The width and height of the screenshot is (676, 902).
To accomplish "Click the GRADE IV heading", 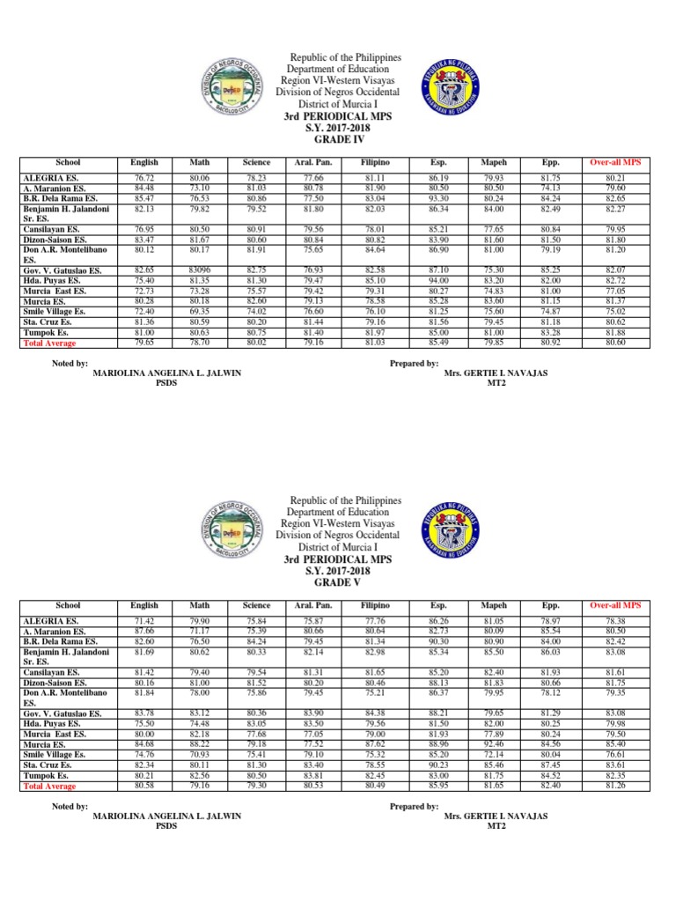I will pos(338,139).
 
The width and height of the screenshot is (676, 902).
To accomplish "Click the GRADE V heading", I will pos(338,582).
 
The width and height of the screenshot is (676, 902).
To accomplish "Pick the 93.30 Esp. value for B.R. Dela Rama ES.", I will pos(437,200).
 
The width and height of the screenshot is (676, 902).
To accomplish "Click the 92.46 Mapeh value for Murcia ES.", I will pos(493,743).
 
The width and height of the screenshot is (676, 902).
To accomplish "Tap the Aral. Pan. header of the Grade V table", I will pos(311,606).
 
